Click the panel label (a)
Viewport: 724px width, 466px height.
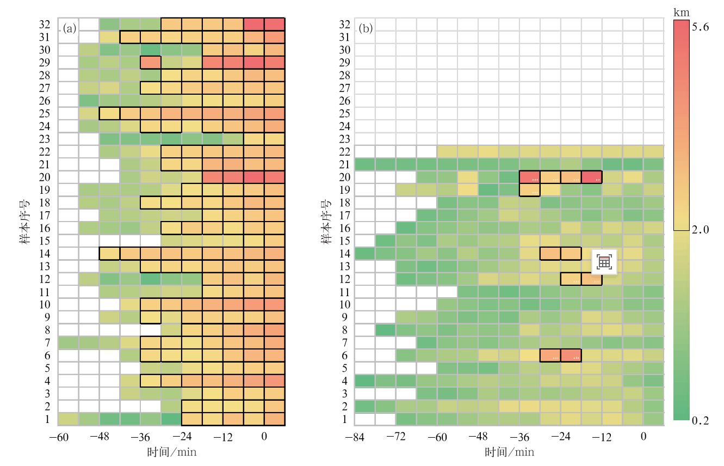69,28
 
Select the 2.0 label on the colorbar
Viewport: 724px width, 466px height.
701,230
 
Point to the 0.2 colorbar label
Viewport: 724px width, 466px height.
701,420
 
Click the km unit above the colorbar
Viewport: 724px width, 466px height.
680,11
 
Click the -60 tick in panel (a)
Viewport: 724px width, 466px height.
59,437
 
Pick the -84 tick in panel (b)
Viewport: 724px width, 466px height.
355,437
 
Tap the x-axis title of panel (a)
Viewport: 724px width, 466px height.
171,452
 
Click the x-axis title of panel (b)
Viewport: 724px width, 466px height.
509,452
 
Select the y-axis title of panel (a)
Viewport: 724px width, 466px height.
25,223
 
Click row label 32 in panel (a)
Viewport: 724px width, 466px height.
45,24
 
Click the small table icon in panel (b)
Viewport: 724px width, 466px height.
604,262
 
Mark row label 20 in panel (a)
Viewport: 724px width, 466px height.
45,177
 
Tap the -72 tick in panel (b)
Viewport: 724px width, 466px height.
396,437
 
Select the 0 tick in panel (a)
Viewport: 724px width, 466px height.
264,437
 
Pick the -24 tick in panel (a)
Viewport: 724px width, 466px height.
182,437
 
